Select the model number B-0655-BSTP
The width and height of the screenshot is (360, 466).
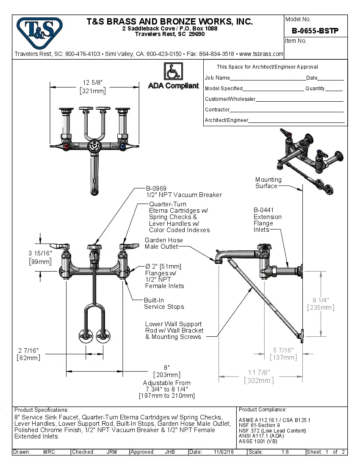315,31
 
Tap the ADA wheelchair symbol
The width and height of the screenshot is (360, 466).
173,71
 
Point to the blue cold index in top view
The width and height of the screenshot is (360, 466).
122,147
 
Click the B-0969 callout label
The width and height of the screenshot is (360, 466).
156,188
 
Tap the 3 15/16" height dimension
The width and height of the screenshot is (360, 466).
40,253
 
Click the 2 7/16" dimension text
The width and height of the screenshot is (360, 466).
28,350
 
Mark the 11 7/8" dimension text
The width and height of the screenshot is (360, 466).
259,372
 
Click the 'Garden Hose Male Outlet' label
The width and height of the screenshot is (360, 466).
164,243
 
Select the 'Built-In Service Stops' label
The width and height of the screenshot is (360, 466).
164,303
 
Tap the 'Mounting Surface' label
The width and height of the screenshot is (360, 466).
268,183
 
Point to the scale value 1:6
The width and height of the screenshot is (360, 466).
285,452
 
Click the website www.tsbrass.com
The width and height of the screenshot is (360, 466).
261,54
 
